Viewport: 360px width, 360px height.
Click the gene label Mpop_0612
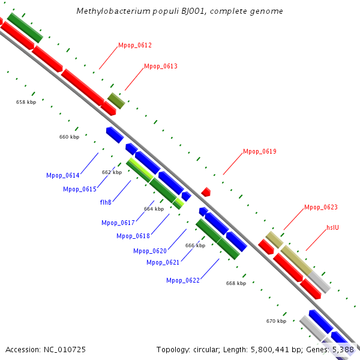click(x=135, y=46)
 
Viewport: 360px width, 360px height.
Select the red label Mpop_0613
click(x=160, y=66)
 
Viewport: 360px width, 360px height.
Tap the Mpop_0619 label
click(x=259, y=152)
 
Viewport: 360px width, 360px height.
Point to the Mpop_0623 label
click(x=320, y=208)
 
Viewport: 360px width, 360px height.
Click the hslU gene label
click(x=333, y=228)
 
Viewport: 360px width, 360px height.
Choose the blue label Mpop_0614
click(x=62, y=175)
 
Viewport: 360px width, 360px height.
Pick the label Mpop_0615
click(x=80, y=190)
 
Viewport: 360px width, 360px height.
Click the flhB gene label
click(x=106, y=203)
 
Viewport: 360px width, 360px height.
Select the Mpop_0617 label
click(x=118, y=223)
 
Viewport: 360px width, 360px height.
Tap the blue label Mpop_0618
click(x=133, y=236)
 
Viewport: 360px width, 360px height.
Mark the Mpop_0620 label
click(x=150, y=251)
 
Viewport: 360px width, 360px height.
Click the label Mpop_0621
click(x=163, y=262)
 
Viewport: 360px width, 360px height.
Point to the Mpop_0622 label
click(x=183, y=280)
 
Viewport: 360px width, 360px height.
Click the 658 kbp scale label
click(x=26, y=103)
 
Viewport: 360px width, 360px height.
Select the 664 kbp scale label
click(x=154, y=209)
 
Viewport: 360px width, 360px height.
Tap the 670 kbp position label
click(x=276, y=321)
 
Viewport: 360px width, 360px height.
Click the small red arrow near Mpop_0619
click(x=206, y=192)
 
